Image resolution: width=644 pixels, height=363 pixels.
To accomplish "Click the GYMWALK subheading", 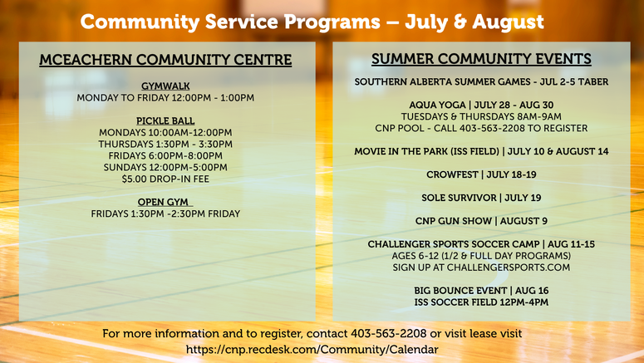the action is [165, 86].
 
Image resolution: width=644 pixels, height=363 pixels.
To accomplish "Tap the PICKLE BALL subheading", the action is [165, 120].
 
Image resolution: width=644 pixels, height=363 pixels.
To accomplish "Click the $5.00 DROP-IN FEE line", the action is [165, 179].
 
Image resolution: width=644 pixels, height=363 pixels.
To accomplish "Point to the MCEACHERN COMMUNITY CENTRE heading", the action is [165, 60].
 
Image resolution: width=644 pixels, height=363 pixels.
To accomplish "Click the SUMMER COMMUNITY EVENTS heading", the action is [481, 59].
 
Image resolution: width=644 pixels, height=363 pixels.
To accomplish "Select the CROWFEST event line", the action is [481, 174].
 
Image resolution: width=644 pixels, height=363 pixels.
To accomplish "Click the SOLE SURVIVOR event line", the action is [481, 198].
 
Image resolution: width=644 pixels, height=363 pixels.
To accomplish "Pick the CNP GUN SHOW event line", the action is [481, 221].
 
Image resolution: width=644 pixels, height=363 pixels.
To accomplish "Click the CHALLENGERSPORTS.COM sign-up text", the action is [509, 267].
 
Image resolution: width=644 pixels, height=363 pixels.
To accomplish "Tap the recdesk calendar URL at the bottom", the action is [312, 350].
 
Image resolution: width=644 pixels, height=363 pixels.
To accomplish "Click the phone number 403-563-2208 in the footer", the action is [389, 333].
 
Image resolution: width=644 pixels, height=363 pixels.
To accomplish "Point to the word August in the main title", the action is [508, 22].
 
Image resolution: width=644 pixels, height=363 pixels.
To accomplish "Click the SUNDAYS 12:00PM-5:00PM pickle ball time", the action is [165, 168].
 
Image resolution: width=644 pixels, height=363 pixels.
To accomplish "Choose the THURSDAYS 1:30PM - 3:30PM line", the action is [165, 145].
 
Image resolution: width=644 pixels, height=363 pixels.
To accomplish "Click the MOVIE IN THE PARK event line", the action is [481, 151].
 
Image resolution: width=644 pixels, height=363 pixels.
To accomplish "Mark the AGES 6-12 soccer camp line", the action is [481, 256].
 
